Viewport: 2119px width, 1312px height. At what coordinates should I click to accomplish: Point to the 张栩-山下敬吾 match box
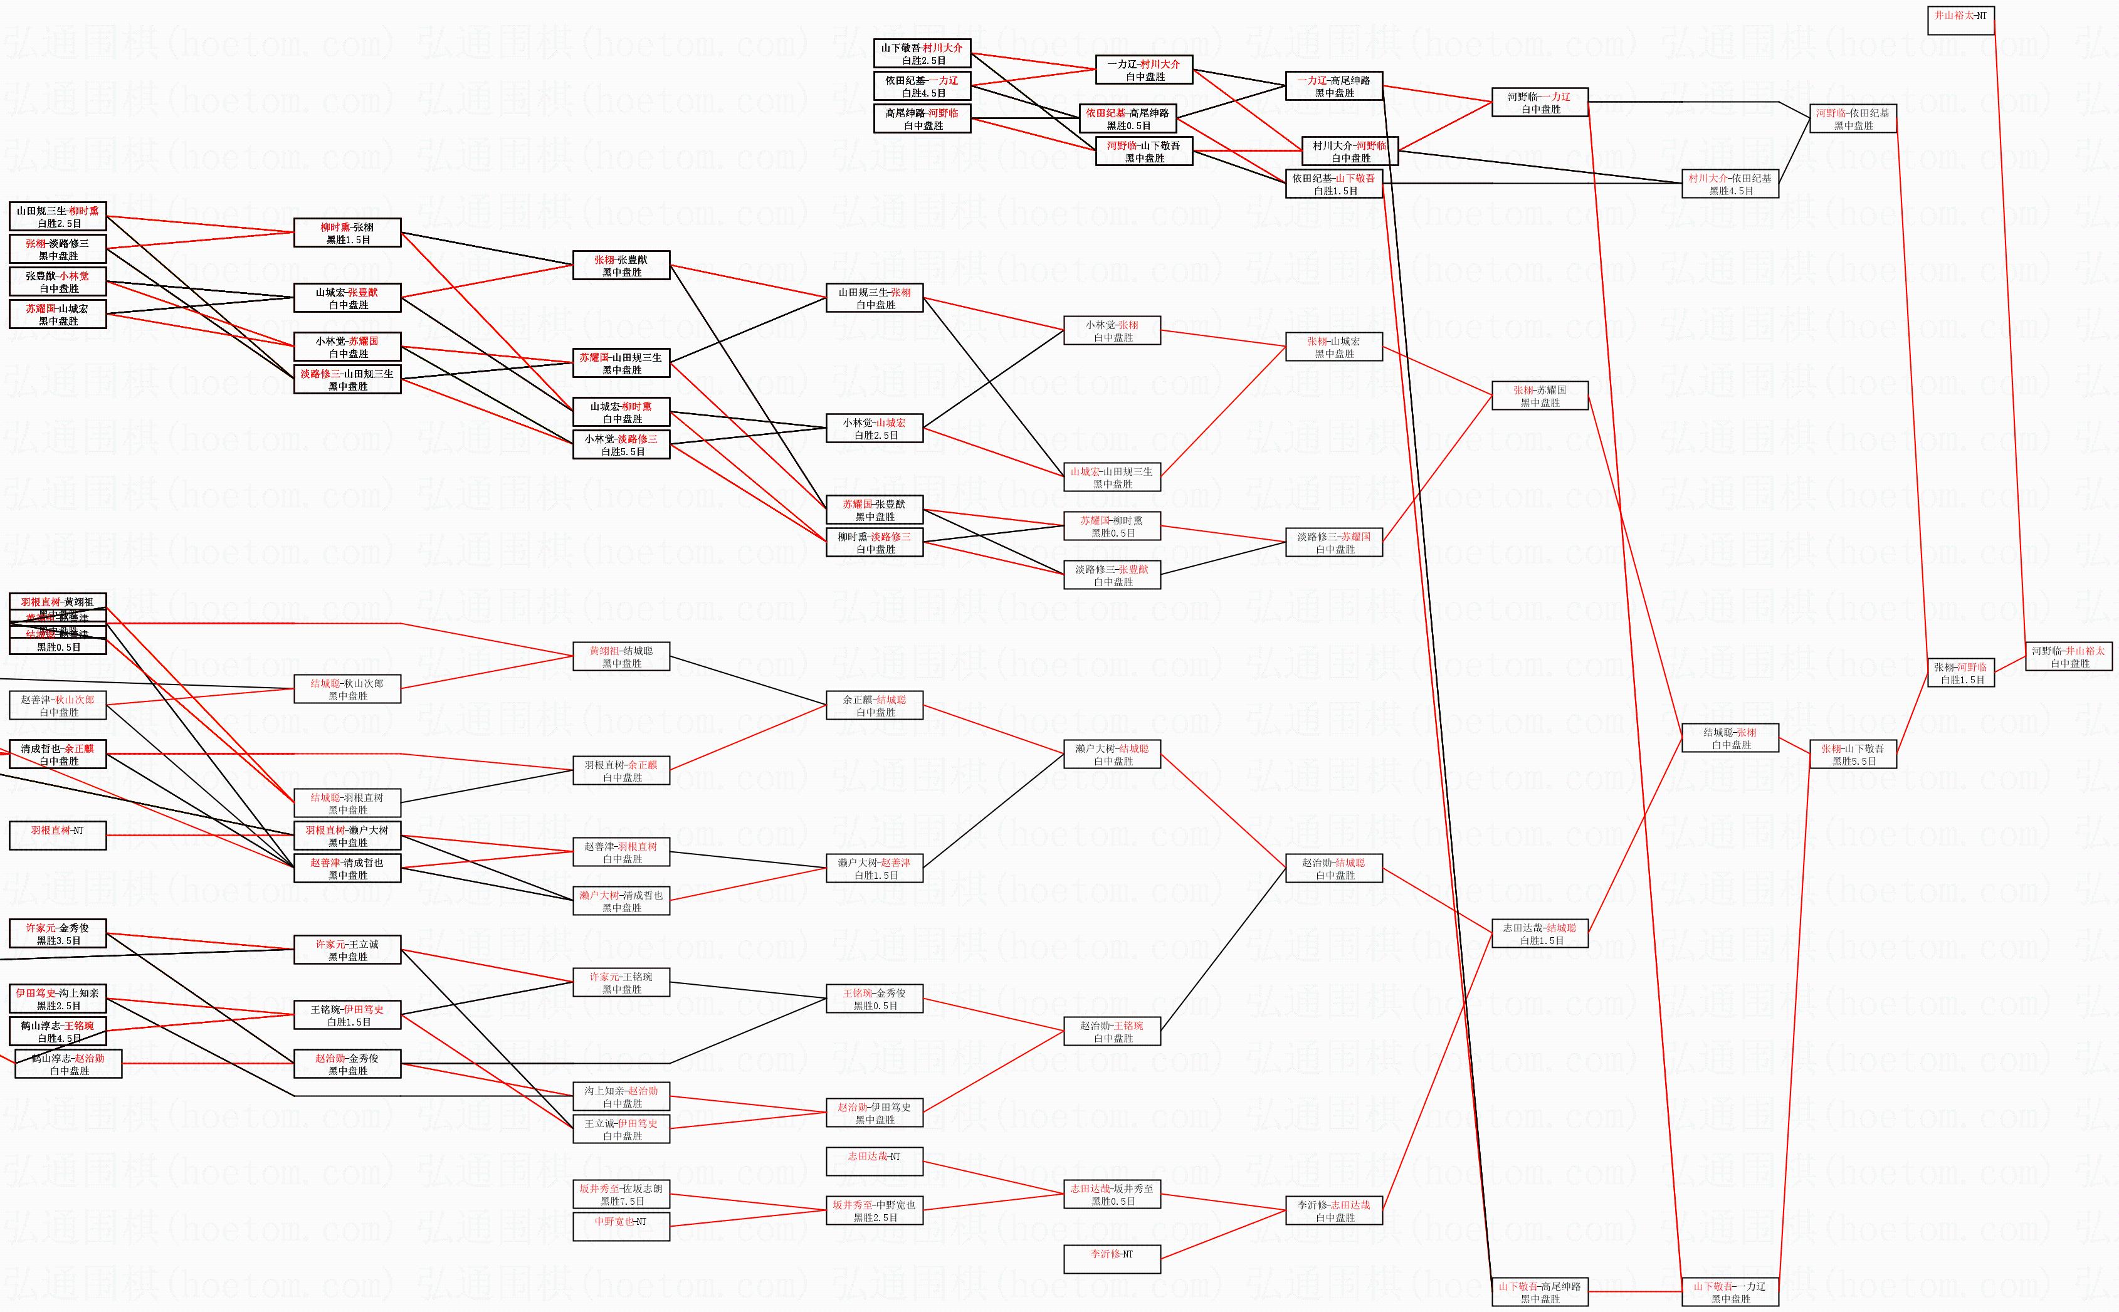pyautogui.click(x=1853, y=755)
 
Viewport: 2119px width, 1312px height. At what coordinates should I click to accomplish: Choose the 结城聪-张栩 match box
pyautogui.click(x=1730, y=738)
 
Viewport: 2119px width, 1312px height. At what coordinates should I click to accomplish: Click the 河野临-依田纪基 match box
pyautogui.click(x=1853, y=119)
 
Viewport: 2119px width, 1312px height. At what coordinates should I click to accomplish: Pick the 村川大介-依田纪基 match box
pyautogui.click(x=1730, y=184)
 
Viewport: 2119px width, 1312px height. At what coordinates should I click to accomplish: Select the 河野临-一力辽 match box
pyautogui.click(x=1539, y=102)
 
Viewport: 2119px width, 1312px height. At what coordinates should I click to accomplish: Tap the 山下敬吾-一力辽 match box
pyautogui.click(x=1730, y=1292)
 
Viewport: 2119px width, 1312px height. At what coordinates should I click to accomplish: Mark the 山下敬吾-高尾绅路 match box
pyautogui.click(x=1539, y=1292)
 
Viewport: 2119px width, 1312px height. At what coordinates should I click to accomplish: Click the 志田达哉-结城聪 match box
pyautogui.click(x=1539, y=933)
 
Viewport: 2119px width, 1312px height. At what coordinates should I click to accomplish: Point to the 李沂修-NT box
pyautogui.click(x=1112, y=1260)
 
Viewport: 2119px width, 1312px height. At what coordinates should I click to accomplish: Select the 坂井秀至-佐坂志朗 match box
pyautogui.click(x=621, y=1195)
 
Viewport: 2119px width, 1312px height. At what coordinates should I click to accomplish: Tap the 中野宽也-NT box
pyautogui.click(x=621, y=1227)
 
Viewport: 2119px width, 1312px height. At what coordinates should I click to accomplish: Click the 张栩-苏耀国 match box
pyautogui.click(x=1539, y=396)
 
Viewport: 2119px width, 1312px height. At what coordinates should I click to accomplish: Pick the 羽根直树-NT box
pyautogui.click(x=57, y=836)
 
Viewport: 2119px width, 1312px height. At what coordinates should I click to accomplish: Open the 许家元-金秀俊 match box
pyautogui.click(x=57, y=933)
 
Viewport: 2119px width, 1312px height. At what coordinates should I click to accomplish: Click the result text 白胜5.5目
pyautogui.click(x=622, y=452)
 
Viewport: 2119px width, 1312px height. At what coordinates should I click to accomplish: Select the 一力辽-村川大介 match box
pyautogui.click(x=1144, y=70)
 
